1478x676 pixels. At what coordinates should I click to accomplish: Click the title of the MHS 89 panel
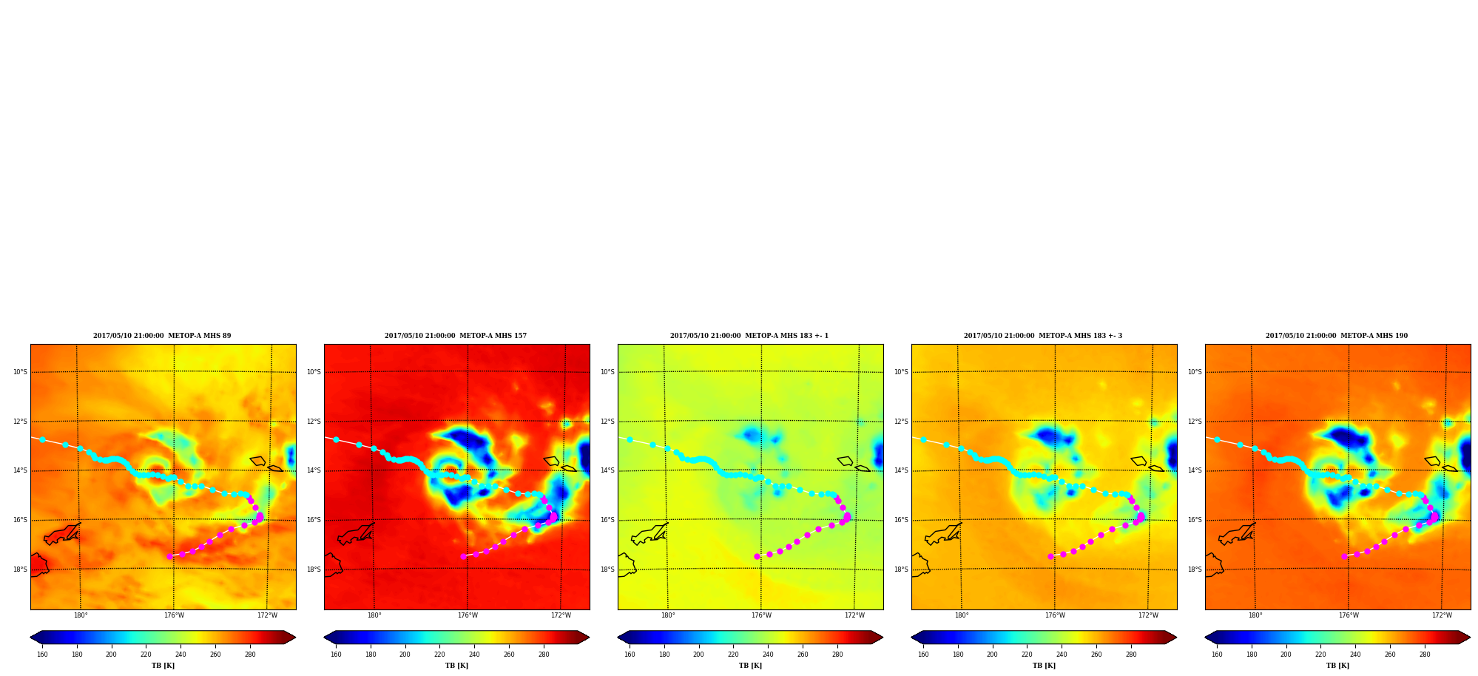162,336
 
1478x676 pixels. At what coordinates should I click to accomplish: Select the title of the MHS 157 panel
456,336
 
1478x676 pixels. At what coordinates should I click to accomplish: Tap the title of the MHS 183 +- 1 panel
749,336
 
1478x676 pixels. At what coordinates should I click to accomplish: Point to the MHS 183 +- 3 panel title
1043,336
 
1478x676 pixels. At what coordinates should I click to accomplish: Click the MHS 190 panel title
1337,336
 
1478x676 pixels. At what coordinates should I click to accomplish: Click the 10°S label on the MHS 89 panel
20,372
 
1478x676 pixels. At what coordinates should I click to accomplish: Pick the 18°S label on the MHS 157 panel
314,569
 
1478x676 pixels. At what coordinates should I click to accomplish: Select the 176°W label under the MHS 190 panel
1349,615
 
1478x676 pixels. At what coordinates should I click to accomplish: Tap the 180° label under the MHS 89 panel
81,615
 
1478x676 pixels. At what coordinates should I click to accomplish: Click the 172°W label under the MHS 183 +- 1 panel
854,615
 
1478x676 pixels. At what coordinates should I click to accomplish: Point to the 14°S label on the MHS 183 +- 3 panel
901,470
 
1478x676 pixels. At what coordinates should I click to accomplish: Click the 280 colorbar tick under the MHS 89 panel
250,655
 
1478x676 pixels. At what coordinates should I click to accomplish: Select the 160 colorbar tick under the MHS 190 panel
1217,655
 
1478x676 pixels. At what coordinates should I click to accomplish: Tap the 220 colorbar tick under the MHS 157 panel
439,655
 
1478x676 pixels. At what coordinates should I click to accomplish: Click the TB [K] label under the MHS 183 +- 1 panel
750,666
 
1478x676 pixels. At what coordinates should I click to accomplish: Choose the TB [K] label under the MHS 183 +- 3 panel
1044,666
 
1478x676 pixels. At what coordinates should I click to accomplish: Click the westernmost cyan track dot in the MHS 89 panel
42,439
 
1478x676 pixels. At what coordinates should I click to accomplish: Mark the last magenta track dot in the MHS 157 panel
463,556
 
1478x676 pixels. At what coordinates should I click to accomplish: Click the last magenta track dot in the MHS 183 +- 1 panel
757,556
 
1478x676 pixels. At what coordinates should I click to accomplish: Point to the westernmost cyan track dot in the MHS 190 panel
1217,439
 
